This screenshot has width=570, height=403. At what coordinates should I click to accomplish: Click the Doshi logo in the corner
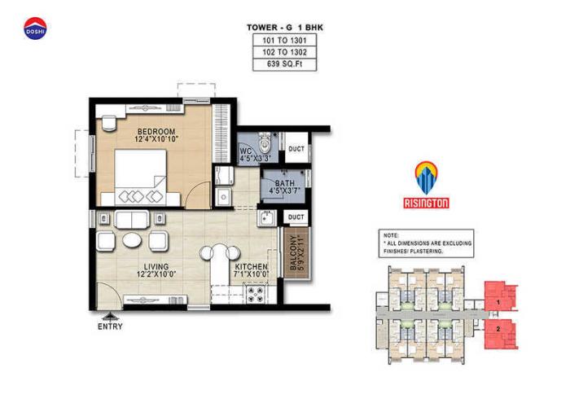pyautogui.click(x=35, y=28)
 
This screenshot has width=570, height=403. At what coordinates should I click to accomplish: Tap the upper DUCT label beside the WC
pyautogui.click(x=296, y=150)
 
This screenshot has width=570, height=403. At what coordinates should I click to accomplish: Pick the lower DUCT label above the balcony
pyautogui.click(x=296, y=217)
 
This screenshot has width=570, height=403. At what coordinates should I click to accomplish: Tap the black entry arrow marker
pyautogui.click(x=109, y=315)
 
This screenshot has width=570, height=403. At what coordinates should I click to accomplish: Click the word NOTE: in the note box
pyautogui.click(x=392, y=235)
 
